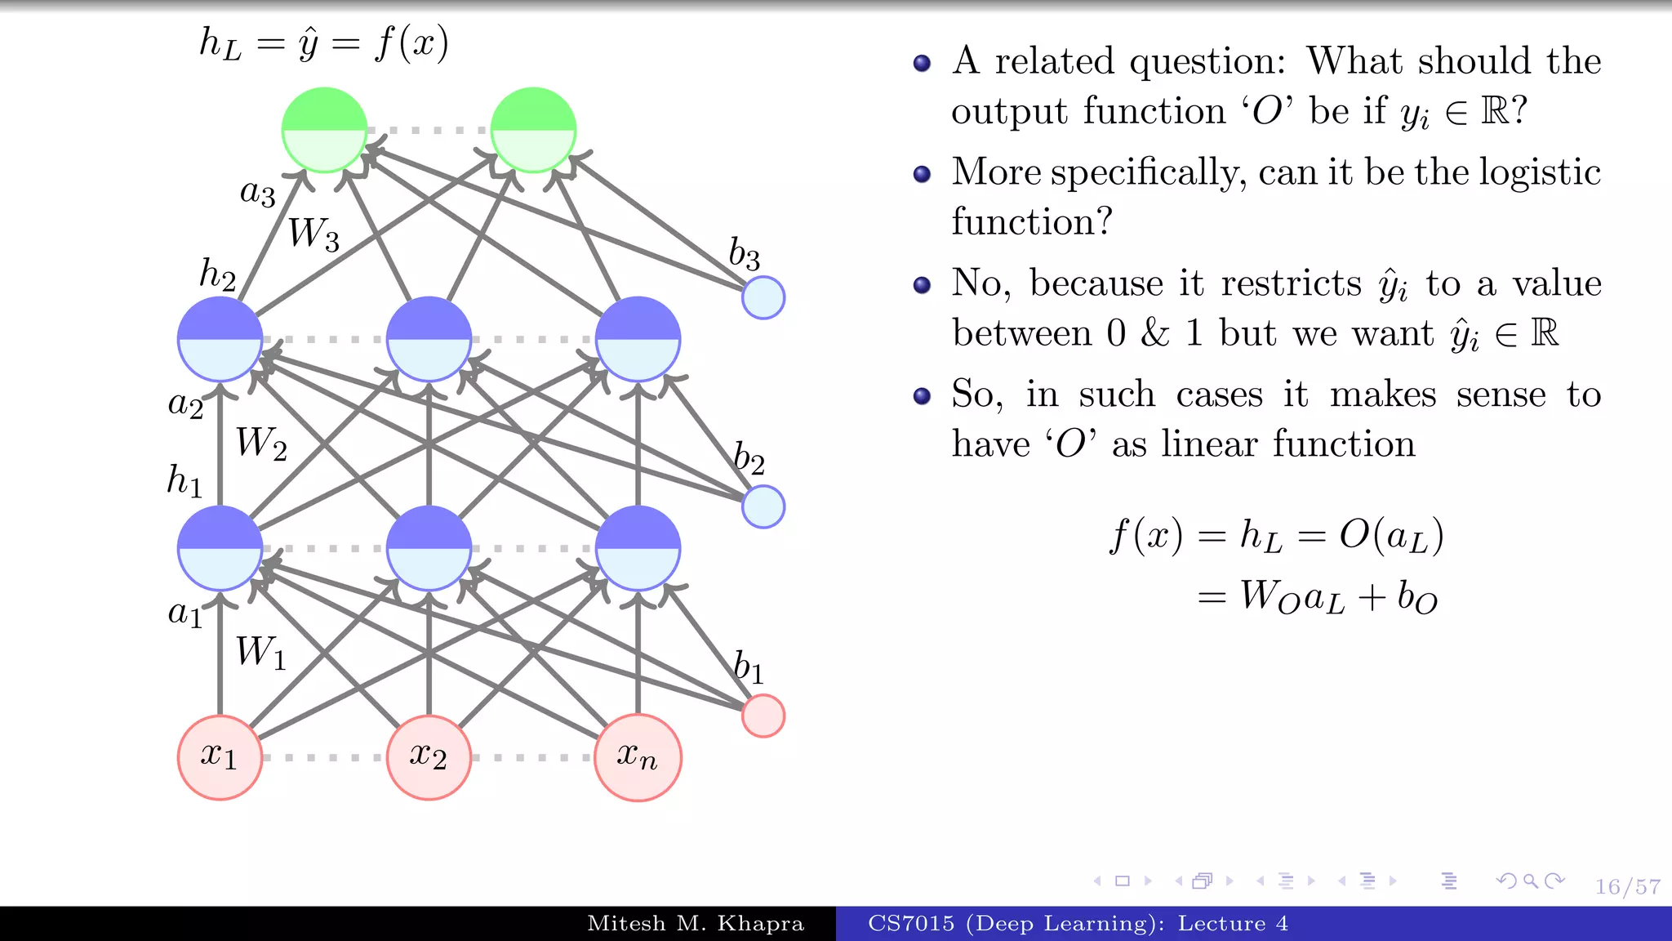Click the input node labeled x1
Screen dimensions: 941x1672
tap(220, 757)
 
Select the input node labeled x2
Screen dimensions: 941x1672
tap(429, 757)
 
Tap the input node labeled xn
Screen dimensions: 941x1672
tap(638, 757)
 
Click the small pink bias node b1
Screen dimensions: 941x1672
tap(763, 716)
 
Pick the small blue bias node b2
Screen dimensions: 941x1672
tap(763, 506)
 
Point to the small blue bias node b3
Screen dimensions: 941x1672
tap(763, 297)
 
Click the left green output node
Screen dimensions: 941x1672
tap(324, 130)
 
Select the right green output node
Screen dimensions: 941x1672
tap(533, 130)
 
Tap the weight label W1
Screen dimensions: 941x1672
tap(261, 653)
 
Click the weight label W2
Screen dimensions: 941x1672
tap(261, 444)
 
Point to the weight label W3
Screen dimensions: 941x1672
tap(313, 234)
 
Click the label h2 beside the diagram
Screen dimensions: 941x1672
tap(217, 274)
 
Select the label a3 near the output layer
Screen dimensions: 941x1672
tap(257, 193)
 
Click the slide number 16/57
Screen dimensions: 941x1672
tap(1627, 886)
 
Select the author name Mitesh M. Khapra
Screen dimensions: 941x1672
tap(696, 924)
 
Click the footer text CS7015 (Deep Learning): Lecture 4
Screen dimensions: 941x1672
tap(1078, 924)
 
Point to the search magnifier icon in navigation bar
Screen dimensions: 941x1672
tap(1531, 881)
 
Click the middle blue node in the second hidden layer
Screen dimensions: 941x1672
tap(429, 339)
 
